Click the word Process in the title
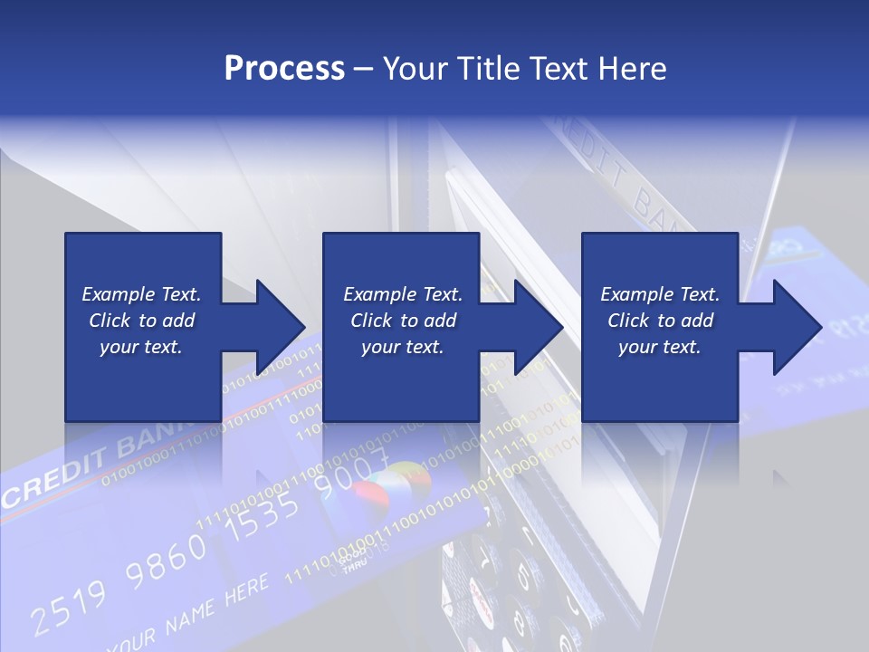click(284, 68)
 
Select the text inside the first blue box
click(141, 321)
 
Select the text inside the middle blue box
click(403, 321)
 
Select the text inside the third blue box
click(660, 321)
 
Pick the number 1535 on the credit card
click(263, 520)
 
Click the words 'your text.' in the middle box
click(403, 347)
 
